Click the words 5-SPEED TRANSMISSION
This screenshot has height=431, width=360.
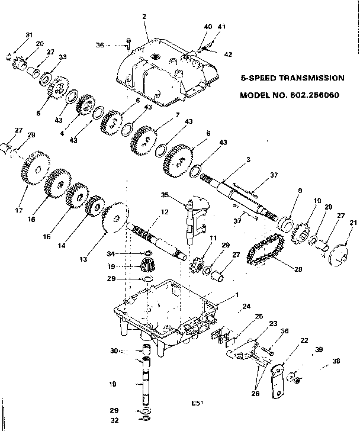(292, 78)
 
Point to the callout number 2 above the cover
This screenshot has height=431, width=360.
(144, 17)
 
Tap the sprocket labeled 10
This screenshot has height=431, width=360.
(302, 234)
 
